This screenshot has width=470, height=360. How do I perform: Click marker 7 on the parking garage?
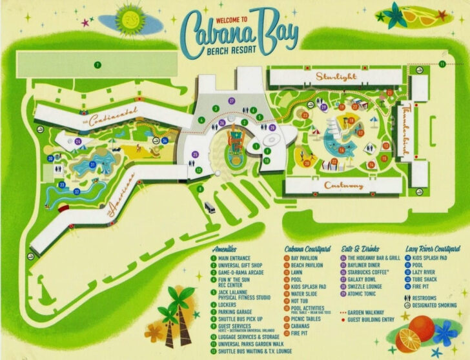click(x=96, y=65)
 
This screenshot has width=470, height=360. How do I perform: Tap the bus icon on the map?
click(x=209, y=208)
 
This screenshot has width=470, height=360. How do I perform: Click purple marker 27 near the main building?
click(x=231, y=101)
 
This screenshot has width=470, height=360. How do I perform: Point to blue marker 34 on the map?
click(x=165, y=141)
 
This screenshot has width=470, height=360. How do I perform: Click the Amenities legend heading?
click(x=224, y=248)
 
